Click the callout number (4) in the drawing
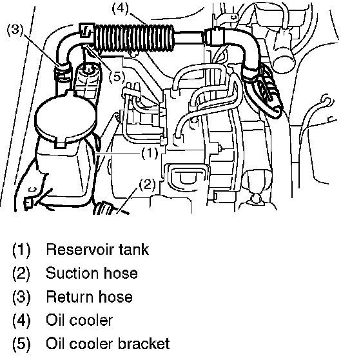pyautogui.click(x=120, y=8)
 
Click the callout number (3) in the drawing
pyautogui.click(x=15, y=30)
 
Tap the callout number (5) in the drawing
pyautogui.click(x=117, y=77)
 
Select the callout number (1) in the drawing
pyautogui.click(x=150, y=154)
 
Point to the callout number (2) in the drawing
pyautogui.click(x=148, y=184)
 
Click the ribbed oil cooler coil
pyautogui.click(x=134, y=38)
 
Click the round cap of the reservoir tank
pyautogui.click(x=66, y=117)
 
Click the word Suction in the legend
pyautogui.click(x=72, y=273)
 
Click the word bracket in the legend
pyautogui.click(x=144, y=344)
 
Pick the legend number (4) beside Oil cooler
pyautogui.click(x=21, y=321)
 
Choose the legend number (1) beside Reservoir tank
pyautogui.click(x=21, y=250)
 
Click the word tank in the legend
pyautogui.click(x=134, y=250)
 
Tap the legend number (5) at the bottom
pyautogui.click(x=21, y=344)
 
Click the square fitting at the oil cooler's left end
pyautogui.click(x=86, y=30)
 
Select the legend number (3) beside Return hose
pyautogui.click(x=21, y=297)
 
